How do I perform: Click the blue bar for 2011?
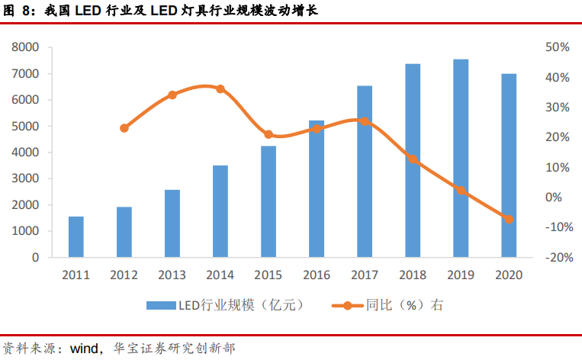(76, 237)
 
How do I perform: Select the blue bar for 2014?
(220, 211)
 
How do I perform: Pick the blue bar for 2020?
(509, 166)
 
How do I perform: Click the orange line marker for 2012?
(124, 128)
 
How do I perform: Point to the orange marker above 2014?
(220, 88)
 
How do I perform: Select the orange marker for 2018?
(413, 159)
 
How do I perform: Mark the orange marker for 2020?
(509, 219)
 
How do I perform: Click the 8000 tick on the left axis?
(25, 47)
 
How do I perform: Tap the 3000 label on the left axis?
(25, 178)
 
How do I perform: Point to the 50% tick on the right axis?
(558, 47)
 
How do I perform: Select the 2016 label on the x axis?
(317, 275)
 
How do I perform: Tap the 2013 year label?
(172, 275)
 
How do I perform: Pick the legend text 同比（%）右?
(404, 305)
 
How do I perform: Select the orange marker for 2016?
(317, 129)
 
